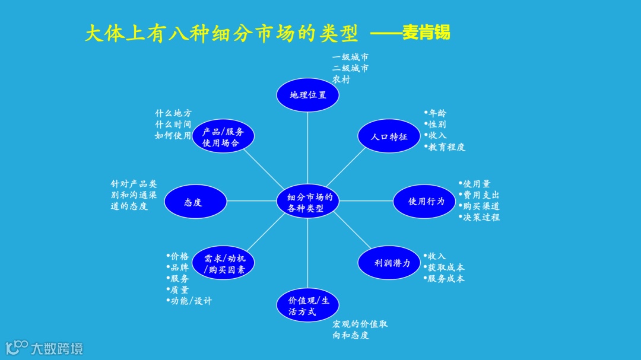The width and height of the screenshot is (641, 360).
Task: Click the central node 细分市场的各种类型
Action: [308, 202]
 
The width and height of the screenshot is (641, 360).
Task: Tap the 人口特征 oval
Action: [389, 136]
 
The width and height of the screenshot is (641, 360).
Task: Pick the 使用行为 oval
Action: [425, 202]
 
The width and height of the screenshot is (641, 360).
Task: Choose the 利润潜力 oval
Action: [389, 263]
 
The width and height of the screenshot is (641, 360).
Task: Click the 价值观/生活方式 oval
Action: [308, 305]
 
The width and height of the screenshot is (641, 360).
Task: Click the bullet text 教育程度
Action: [446, 147]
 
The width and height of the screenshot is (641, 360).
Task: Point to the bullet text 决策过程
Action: [481, 217]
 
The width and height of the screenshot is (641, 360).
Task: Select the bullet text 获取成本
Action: [446, 267]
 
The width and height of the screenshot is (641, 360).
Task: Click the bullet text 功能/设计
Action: [191, 301]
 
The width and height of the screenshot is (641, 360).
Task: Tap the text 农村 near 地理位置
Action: [341, 79]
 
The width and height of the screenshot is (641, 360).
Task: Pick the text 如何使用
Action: [173, 136]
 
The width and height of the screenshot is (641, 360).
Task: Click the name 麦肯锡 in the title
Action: [426, 33]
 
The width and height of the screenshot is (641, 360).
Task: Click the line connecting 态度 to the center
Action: [252, 201]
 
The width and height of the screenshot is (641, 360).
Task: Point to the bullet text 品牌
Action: [180, 267]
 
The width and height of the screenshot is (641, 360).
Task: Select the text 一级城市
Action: [351, 58]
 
